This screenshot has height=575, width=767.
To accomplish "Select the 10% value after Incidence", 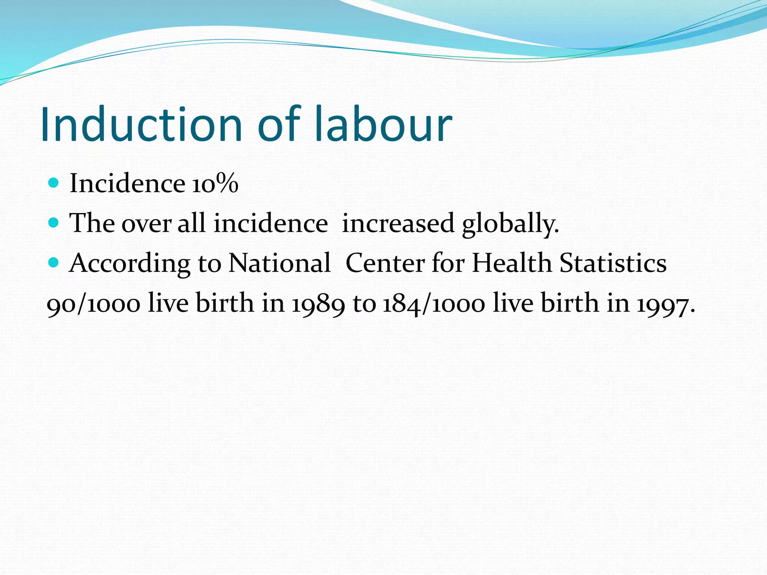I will point(215,184).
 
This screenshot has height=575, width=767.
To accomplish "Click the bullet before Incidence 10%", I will point(54,183).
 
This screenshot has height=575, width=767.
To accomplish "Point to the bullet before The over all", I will point(54,223).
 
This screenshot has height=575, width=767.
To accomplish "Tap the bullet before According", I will point(54,262).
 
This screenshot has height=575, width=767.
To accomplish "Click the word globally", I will point(510,223).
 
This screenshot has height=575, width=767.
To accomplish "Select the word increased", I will point(398,223).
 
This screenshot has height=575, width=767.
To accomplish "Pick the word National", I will point(279,263).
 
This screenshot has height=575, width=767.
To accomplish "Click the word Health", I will point(512,263).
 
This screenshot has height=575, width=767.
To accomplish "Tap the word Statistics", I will point(613,263).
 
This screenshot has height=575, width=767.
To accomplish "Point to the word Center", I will point(385,263).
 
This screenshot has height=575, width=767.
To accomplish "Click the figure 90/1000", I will point(94,303).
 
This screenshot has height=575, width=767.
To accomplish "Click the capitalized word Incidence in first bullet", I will point(127,184).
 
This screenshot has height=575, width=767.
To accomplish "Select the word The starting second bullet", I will point(92,223).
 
